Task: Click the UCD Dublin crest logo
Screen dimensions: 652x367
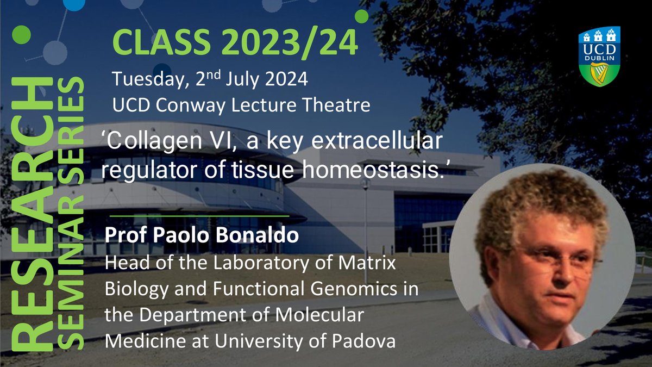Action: (x=599, y=56)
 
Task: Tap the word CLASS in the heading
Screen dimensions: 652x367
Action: (x=161, y=42)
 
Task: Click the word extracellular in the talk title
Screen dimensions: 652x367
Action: (x=377, y=141)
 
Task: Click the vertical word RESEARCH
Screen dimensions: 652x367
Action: (x=32, y=214)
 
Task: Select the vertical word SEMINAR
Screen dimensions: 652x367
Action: (x=71, y=272)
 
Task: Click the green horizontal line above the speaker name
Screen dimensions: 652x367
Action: (x=199, y=216)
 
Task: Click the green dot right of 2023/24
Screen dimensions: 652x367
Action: (x=361, y=16)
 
